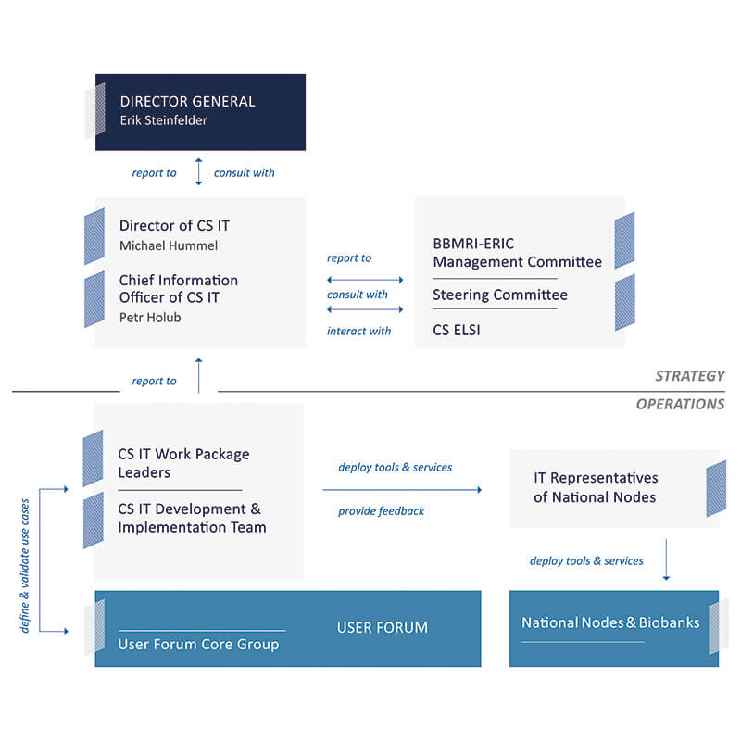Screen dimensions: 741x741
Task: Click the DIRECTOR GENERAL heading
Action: tap(187, 101)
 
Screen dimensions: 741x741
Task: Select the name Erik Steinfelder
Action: tap(164, 120)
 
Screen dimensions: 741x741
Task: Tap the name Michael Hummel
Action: tap(169, 245)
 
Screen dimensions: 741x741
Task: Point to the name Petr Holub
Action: tap(150, 318)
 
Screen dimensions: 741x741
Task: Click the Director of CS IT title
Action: tap(174, 225)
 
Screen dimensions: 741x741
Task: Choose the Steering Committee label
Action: tap(500, 295)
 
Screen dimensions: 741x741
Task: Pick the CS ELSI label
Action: tap(456, 330)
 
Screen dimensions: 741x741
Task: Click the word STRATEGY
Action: tap(689, 376)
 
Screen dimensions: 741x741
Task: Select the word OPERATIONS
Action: tap(680, 404)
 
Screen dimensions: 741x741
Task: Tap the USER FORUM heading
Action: tap(383, 628)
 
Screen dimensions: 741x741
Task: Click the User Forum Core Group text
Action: tap(198, 645)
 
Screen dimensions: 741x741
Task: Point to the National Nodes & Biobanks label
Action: tap(610, 622)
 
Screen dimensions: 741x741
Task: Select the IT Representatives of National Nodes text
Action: tap(596, 487)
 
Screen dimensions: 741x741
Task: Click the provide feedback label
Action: tap(381, 511)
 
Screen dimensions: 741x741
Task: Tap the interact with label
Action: tap(358, 331)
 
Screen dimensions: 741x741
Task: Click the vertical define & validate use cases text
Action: tap(25, 566)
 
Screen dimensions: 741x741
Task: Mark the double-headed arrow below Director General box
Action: tap(198, 172)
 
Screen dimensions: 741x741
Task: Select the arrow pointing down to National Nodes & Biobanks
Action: tap(666, 559)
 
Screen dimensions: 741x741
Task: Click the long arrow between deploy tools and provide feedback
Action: tap(402, 490)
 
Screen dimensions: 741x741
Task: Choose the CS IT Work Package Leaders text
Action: tap(183, 463)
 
